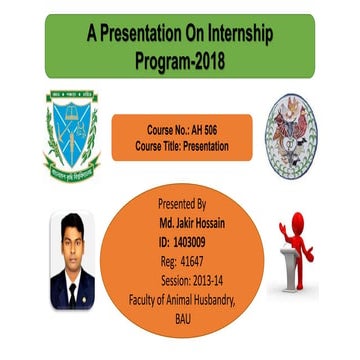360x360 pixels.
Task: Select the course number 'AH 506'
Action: (208, 131)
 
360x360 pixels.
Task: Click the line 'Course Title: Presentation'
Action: (182, 146)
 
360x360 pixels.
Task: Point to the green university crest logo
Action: (70, 134)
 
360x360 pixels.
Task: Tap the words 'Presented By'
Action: (182, 203)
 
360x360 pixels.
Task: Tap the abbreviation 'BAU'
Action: (182, 318)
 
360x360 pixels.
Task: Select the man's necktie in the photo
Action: (71, 290)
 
